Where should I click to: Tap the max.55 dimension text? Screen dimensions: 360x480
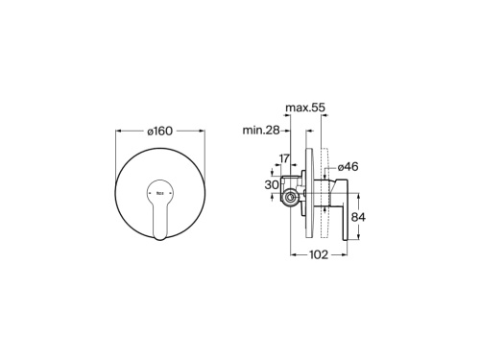306,108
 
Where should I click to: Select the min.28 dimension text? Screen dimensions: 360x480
260,130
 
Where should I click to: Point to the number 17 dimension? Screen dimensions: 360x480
285,158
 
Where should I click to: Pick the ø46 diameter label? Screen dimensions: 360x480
347,166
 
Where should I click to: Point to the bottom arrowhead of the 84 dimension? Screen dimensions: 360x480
355,239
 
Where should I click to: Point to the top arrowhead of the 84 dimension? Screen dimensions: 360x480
355,192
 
